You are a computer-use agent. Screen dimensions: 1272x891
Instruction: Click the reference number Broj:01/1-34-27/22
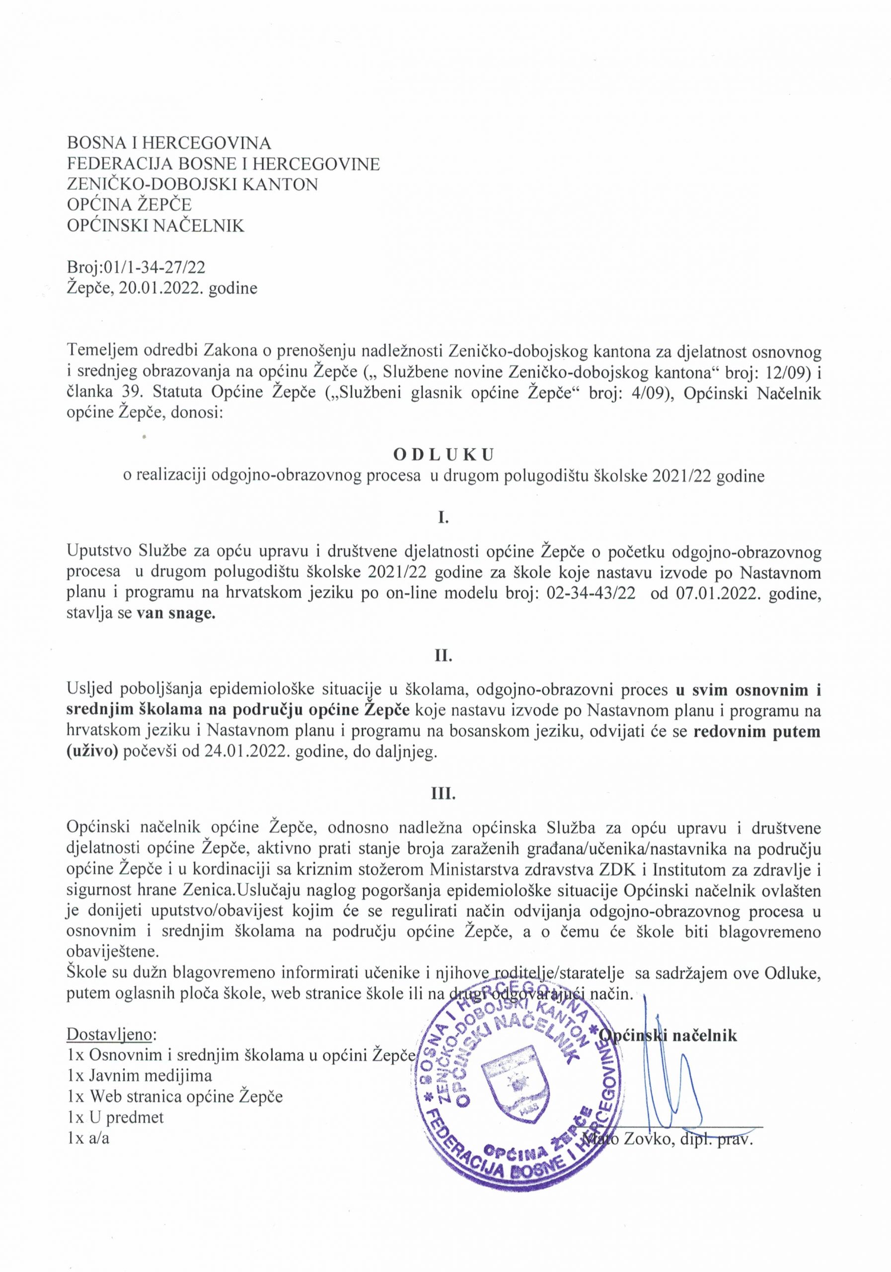click(136, 268)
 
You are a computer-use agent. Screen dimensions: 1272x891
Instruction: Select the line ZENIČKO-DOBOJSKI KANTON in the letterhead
click(192, 184)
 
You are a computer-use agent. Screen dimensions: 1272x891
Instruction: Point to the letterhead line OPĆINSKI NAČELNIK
click(155, 226)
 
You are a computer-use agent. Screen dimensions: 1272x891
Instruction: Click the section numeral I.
click(443, 519)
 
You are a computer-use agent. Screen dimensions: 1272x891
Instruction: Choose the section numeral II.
click(443, 657)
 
